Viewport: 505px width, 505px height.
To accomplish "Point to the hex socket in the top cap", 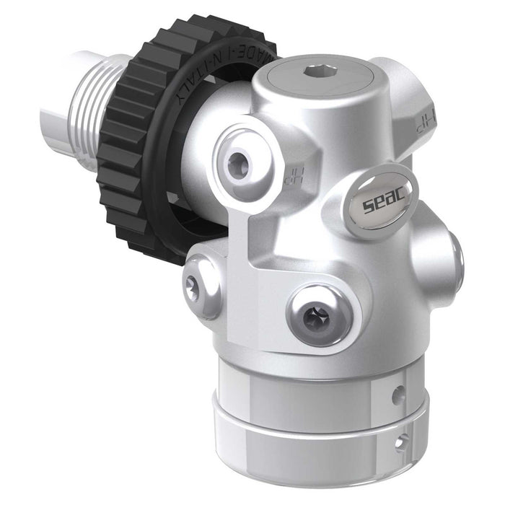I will click(312, 72).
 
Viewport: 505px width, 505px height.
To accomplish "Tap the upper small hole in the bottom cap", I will click(396, 395).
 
